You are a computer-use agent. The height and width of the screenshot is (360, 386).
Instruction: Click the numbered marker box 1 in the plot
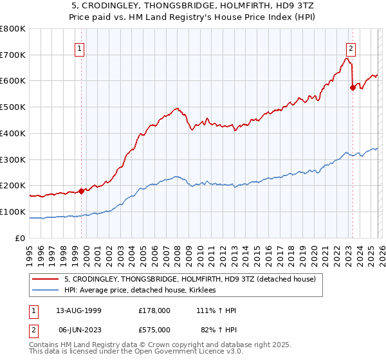(79, 48)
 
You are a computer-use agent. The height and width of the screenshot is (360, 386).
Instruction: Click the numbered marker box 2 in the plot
(351, 48)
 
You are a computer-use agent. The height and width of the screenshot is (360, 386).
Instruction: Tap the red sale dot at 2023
(353, 87)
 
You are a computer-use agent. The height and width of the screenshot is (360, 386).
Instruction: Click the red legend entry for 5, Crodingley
(189, 280)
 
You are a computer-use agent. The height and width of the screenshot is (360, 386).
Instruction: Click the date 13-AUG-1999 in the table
(77, 310)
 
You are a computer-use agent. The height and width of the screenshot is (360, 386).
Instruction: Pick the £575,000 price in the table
(154, 329)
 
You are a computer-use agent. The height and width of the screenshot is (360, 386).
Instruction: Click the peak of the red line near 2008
(177, 109)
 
